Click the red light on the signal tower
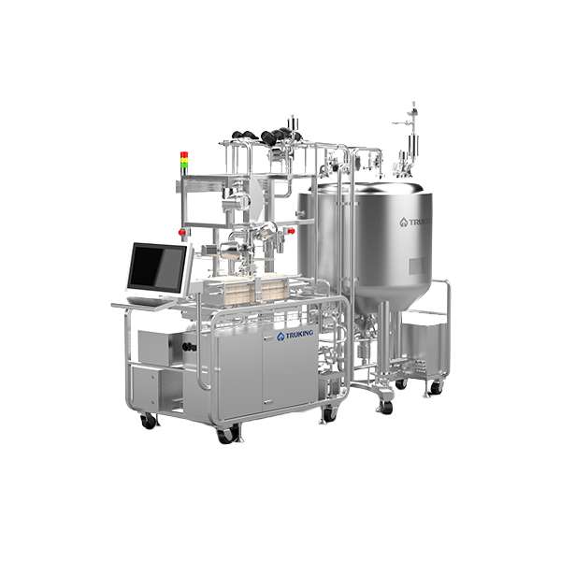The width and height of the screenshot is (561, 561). (184, 154)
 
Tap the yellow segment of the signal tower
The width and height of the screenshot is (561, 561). (184, 160)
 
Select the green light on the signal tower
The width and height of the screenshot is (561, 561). (184, 165)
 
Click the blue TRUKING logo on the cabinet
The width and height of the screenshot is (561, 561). (295, 335)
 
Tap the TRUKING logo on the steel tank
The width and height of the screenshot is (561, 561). (416, 223)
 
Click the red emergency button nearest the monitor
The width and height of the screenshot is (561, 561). (182, 232)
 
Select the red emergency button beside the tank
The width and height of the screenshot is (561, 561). (291, 231)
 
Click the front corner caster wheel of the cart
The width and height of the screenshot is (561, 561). (226, 436)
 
